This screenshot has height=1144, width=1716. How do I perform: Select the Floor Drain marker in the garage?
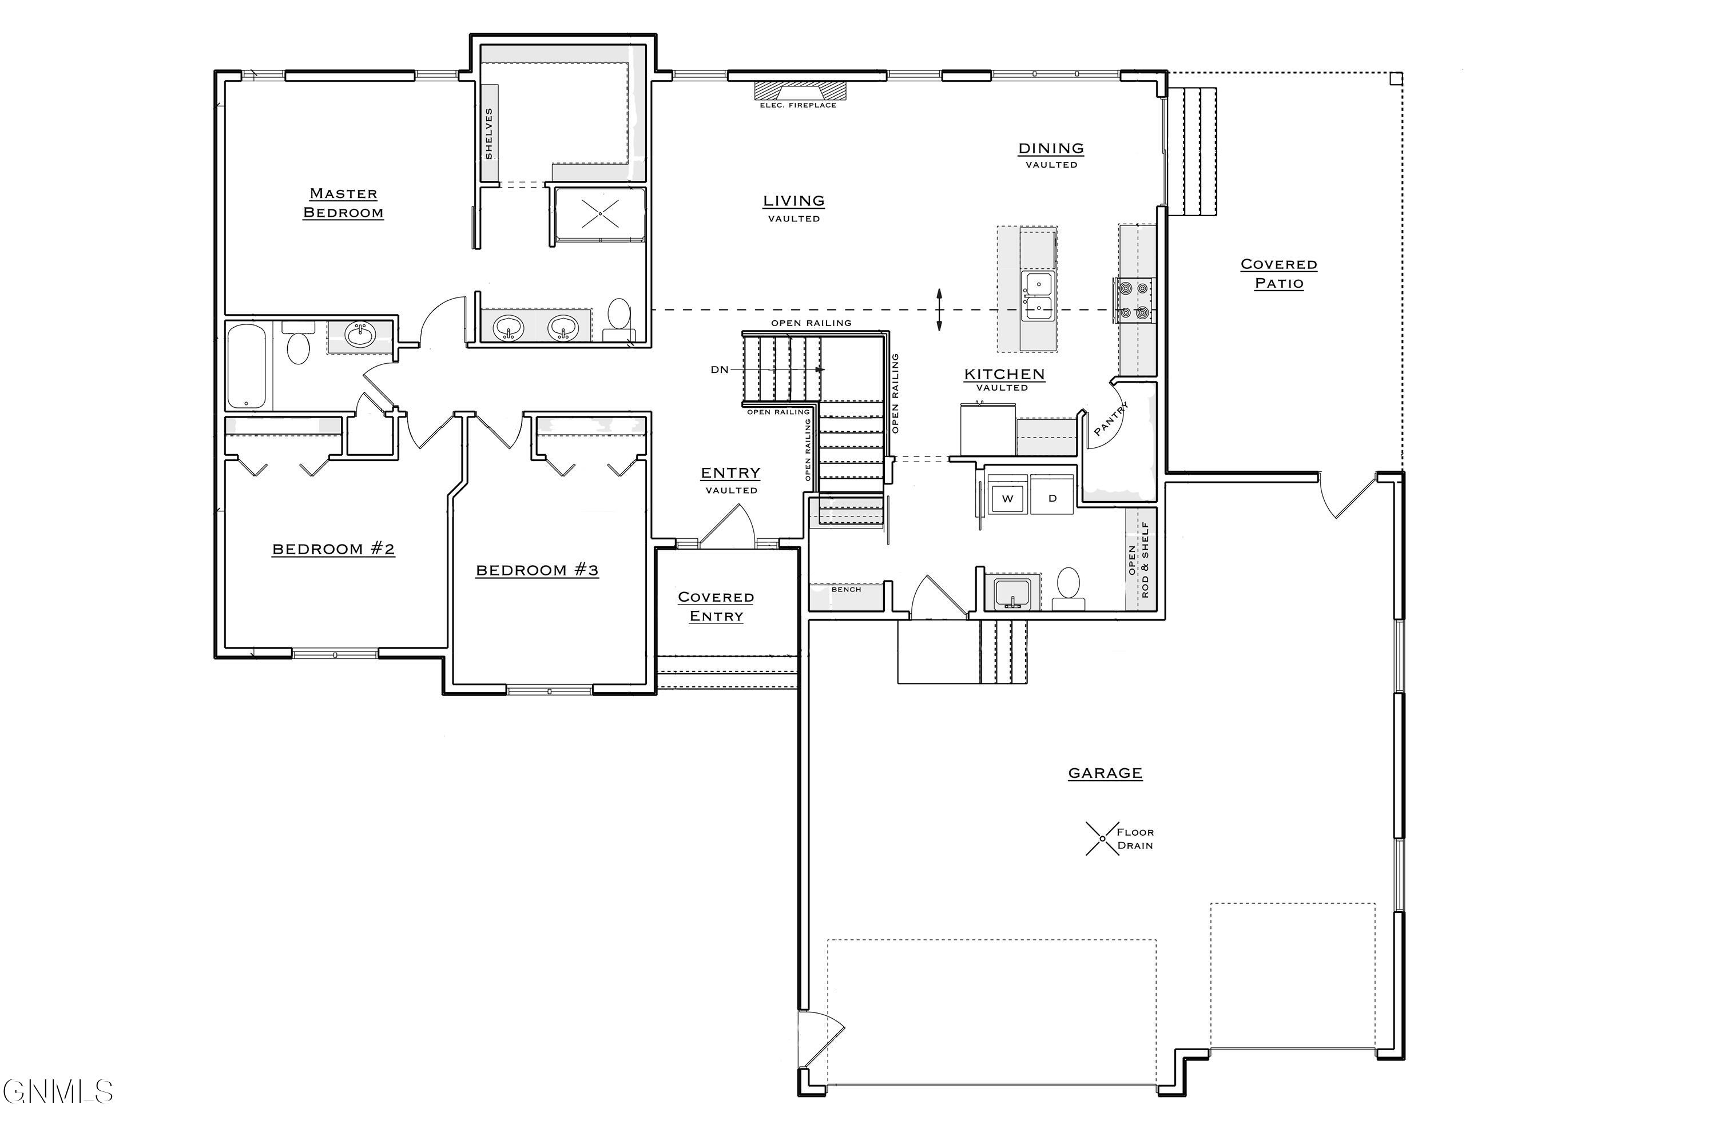(1102, 839)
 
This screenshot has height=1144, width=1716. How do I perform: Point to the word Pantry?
(1111, 419)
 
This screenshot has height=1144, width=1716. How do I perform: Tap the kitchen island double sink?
(1038, 296)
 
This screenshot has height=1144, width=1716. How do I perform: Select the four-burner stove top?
(1134, 300)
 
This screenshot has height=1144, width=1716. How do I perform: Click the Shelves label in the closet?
(489, 133)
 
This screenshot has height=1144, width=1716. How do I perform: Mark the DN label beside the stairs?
(720, 370)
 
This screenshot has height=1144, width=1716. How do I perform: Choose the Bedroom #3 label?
(537, 570)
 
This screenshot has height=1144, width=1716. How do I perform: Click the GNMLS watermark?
(58, 1092)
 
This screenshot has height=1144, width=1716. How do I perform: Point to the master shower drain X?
(599, 214)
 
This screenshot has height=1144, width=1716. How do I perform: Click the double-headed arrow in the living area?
(939, 309)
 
